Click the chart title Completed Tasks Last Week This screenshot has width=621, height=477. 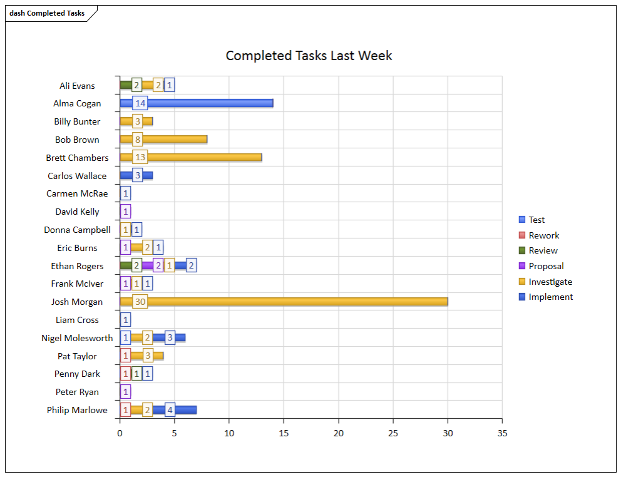pyautogui.click(x=309, y=56)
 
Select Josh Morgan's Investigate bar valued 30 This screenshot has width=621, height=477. pyautogui.click(x=294, y=302)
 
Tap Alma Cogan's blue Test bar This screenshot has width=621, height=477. pyautogui.click(x=207, y=103)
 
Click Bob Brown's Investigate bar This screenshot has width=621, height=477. pyautogui.click(x=175, y=139)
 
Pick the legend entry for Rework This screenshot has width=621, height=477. pyautogui.click(x=543, y=235)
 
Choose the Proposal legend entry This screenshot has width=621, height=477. pyautogui.click(x=546, y=266)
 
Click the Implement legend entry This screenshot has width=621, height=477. pyautogui.click(x=550, y=297)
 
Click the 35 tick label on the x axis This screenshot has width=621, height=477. pyautogui.click(x=502, y=433)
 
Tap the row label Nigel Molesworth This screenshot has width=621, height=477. pyautogui.click(x=77, y=338)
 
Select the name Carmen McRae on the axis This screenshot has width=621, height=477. pyautogui.click(x=77, y=193)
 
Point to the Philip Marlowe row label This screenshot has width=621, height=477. pyautogui.click(x=77, y=410)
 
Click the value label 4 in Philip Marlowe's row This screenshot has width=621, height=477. pyautogui.click(x=170, y=410)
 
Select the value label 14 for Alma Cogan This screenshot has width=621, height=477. pyautogui.click(x=140, y=103)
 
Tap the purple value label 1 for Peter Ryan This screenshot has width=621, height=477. pyautogui.click(x=126, y=392)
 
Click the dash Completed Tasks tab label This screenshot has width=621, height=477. pyautogui.click(x=47, y=13)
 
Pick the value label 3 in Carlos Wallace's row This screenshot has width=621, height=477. pyautogui.click(x=137, y=175)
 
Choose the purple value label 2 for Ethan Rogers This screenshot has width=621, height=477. pyautogui.click(x=158, y=265)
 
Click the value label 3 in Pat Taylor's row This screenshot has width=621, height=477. pyautogui.click(x=148, y=356)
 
